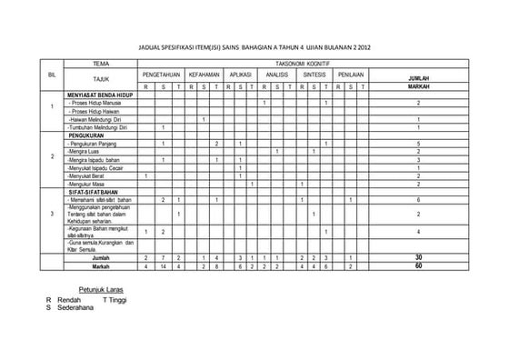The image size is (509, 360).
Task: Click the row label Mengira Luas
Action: coord(85,151)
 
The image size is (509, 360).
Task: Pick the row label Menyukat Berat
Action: coord(87,175)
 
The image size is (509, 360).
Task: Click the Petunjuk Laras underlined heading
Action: coord(101,289)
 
